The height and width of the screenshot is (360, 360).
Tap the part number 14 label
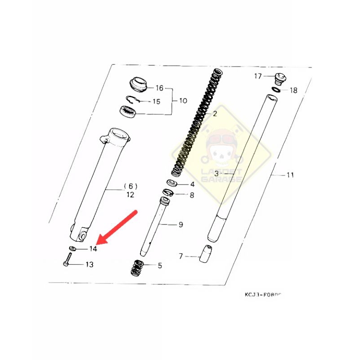93,249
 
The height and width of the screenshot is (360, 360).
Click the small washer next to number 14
72,248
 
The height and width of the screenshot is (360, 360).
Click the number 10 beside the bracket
183,100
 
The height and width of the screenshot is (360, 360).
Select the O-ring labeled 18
276,90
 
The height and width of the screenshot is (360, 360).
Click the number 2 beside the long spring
215,114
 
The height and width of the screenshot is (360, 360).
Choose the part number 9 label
180,225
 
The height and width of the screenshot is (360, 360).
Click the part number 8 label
192,195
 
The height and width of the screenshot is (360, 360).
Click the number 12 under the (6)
130,195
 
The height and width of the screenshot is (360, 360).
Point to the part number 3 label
216,173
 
